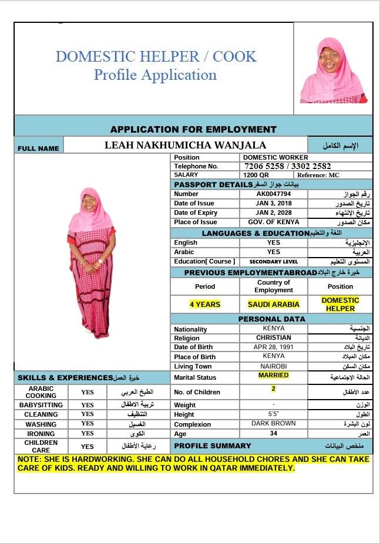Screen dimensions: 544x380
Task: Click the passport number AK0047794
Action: pyautogui.click(x=274, y=194)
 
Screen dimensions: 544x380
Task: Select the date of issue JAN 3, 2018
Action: pyautogui.click(x=274, y=203)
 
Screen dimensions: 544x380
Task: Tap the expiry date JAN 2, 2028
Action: pyautogui.click(x=274, y=212)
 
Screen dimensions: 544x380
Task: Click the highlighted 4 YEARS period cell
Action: pyautogui.click(x=205, y=305)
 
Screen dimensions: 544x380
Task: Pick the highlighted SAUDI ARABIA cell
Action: pyautogui.click(x=274, y=305)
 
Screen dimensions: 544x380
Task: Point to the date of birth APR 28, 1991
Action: pyautogui.click(x=274, y=347)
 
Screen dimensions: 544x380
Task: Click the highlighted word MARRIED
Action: pyautogui.click(x=274, y=375)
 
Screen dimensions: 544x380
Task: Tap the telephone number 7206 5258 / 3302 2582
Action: pyautogui.click(x=287, y=166)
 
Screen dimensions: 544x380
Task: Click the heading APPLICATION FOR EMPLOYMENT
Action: pyautogui.click(x=193, y=129)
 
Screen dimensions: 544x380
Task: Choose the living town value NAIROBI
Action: pyautogui.click(x=274, y=366)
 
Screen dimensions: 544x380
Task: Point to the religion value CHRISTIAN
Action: pyautogui.click(x=274, y=337)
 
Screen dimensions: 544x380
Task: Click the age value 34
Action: pyautogui.click(x=274, y=434)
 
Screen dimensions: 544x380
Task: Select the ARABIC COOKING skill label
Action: pyautogui.click(x=41, y=392)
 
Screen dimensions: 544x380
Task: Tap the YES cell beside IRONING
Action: pyautogui.click(x=88, y=434)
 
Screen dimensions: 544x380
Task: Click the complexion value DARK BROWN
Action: pyautogui.click(x=274, y=423)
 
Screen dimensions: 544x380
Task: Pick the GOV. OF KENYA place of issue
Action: pyautogui.click(x=274, y=222)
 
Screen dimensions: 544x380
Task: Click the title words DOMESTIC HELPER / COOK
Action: pyautogui.click(x=156, y=57)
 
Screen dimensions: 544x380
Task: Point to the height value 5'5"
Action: pyautogui.click(x=274, y=414)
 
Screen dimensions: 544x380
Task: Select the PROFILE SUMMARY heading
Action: pyautogui.click(x=213, y=445)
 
